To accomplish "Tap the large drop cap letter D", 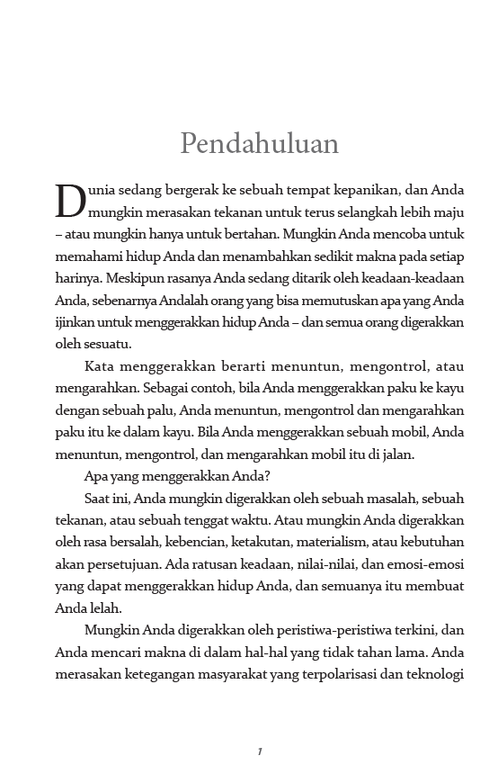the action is tap(71, 201).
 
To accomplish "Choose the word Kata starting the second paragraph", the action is tap(100, 367).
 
